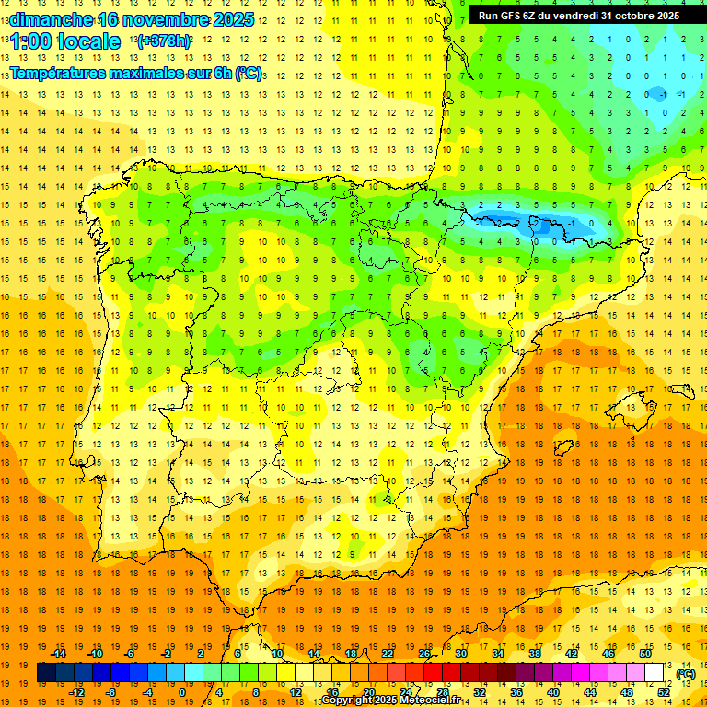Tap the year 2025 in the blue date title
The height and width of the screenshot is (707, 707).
[236, 19]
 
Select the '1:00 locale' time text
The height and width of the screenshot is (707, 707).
[65, 41]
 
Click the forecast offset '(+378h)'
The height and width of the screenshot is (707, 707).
[164, 41]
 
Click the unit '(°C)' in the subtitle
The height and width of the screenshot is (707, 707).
[248, 74]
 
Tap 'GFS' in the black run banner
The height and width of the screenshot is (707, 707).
[513, 16]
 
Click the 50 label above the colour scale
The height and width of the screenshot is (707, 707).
[644, 654]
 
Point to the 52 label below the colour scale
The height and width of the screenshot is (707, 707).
[664, 692]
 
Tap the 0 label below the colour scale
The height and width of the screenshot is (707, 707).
[182, 692]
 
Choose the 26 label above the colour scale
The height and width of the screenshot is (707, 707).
[424, 654]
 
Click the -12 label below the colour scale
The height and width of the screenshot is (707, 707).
[76, 692]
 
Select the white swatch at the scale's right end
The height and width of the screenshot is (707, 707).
[655, 673]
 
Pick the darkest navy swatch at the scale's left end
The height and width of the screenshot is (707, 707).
[46, 673]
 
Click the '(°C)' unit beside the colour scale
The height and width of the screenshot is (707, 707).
[685, 674]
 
